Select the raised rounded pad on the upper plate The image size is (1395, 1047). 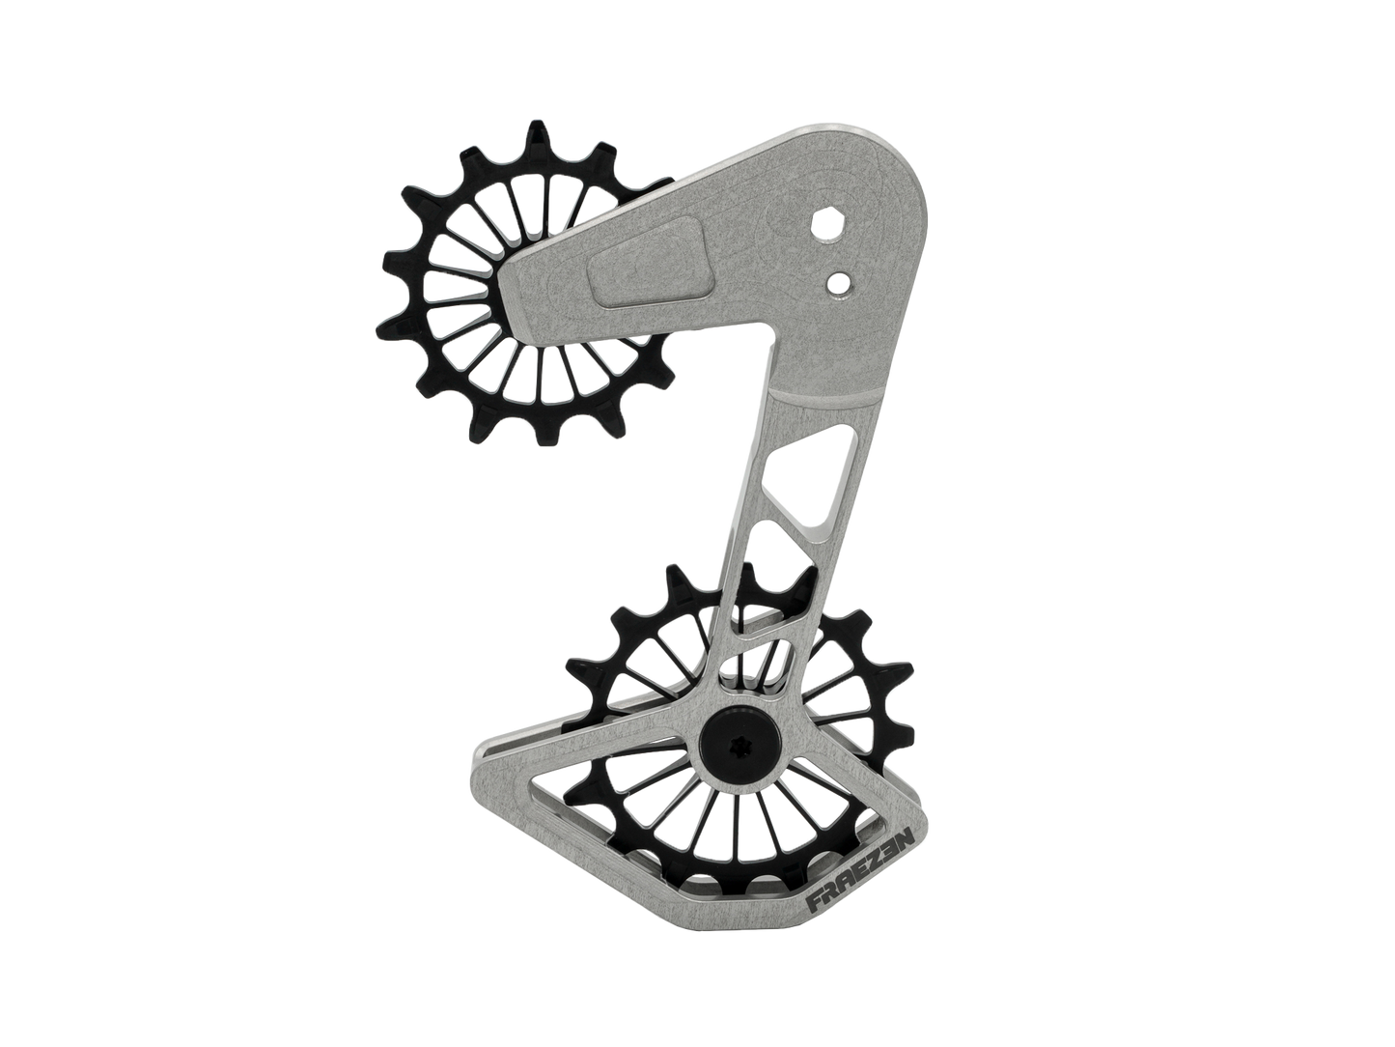647,262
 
